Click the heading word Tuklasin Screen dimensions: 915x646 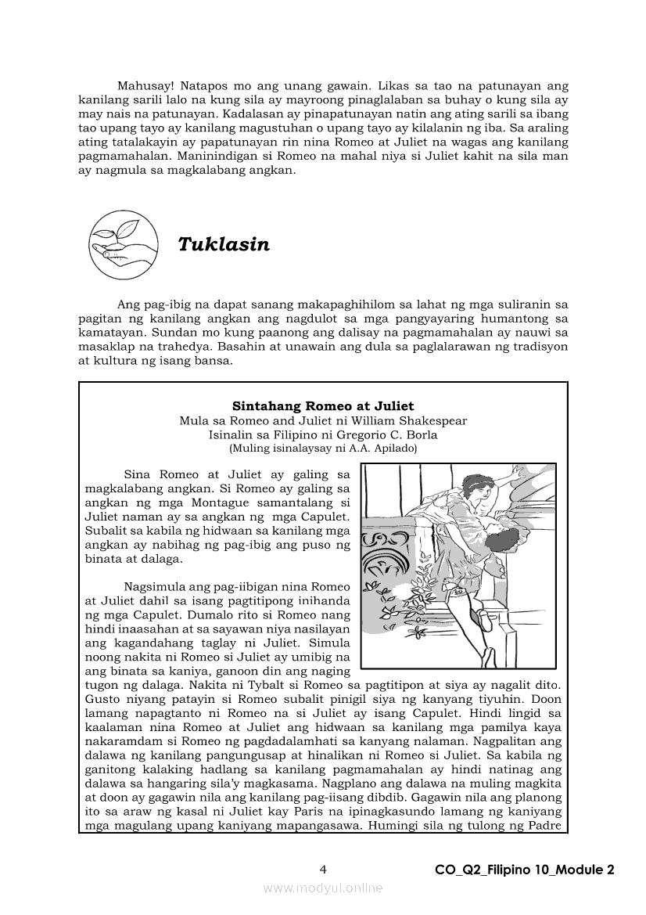pyautogui.click(x=224, y=244)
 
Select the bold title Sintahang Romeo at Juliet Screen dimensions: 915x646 pyautogui.click(x=323, y=406)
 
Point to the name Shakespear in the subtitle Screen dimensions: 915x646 pyautogui.click(x=432, y=421)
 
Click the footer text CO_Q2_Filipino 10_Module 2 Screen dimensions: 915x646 pyautogui.click(x=525, y=870)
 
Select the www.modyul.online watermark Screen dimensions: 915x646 pyautogui.click(x=323, y=888)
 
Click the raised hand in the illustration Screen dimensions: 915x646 pyautogui.click(x=514, y=473)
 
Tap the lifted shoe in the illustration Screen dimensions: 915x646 pyautogui.click(x=484, y=618)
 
